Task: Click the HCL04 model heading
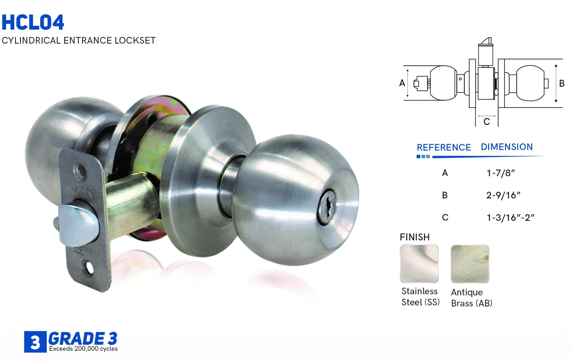pyautogui.click(x=33, y=22)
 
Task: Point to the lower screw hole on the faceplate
pyautogui.click(x=89, y=268)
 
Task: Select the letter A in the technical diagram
pyautogui.click(x=402, y=83)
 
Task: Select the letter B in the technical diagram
pyautogui.click(x=562, y=83)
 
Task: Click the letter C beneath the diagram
pyautogui.click(x=487, y=122)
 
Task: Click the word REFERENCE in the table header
pyautogui.click(x=444, y=147)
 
